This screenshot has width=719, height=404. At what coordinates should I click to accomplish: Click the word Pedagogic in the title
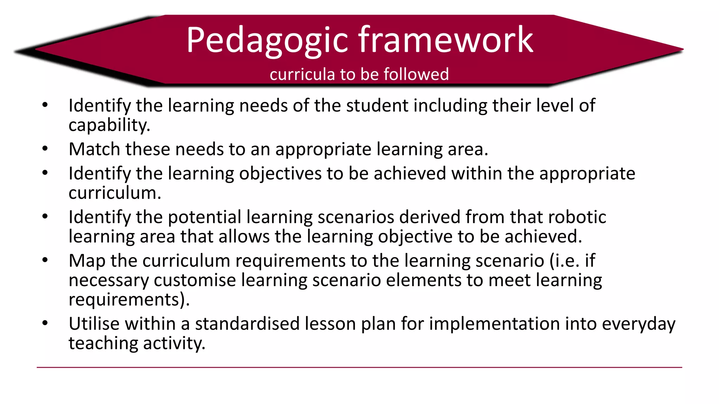267,41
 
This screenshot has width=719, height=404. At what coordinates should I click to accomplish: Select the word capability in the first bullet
109,125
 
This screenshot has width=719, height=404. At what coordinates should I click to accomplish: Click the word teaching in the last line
103,343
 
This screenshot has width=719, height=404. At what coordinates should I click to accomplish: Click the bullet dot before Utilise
45,323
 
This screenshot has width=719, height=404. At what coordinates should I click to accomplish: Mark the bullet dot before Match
45,149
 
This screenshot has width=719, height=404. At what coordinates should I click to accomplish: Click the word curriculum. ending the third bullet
115,193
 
